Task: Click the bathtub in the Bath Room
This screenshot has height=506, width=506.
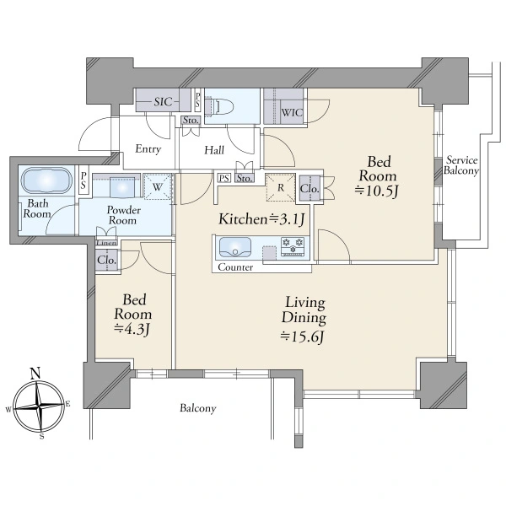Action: pos(46,180)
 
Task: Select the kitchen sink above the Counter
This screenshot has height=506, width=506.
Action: pos(235,247)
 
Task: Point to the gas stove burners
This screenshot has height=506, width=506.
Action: pos(293,247)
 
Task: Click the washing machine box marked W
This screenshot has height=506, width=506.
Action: pos(158,187)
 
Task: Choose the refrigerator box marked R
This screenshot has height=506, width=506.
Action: pos(281,187)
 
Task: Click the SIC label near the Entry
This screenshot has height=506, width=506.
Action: pos(163,102)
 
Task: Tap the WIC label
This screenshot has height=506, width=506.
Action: pos(292,113)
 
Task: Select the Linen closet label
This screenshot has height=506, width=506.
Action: pos(107,243)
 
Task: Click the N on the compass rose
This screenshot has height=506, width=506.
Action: pos(35,374)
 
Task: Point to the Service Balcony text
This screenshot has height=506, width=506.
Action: pos(461,165)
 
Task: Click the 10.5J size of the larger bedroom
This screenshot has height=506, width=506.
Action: pos(377,191)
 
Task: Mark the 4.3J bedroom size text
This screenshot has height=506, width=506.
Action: pos(132,329)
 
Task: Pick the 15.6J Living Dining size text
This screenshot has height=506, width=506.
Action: pos(302,336)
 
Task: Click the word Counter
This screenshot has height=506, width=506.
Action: pos(235,267)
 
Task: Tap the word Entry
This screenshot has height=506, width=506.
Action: pos(148,149)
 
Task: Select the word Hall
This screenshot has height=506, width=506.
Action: pos(214,150)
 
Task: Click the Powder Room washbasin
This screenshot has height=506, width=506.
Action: pos(122,187)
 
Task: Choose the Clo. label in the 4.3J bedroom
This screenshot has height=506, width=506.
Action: pos(106,260)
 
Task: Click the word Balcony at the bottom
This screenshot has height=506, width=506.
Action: pos(198,408)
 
